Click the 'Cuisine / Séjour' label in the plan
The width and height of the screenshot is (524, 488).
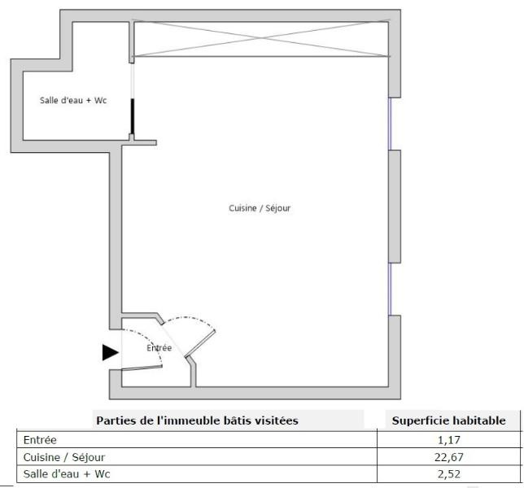(x=260, y=208)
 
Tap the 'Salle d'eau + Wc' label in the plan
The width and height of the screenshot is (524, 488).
(x=73, y=100)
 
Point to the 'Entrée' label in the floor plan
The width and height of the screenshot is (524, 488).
(x=159, y=348)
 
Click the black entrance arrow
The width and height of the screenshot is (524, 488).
(x=111, y=352)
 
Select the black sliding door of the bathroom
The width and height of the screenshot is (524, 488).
(x=133, y=116)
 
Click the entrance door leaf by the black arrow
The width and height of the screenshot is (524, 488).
(x=142, y=368)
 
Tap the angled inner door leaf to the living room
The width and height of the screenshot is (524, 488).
(x=200, y=343)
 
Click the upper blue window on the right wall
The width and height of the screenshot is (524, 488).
(x=390, y=124)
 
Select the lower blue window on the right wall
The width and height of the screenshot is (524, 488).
(x=390, y=290)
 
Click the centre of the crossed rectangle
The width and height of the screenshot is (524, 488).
(x=261, y=39)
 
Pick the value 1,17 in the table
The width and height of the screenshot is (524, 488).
(x=449, y=440)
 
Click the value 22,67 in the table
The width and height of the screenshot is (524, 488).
(x=449, y=457)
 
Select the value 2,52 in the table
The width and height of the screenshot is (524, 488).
(x=449, y=474)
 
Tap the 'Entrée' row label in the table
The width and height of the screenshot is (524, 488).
(x=40, y=440)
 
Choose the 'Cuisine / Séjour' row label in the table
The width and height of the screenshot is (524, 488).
(x=64, y=457)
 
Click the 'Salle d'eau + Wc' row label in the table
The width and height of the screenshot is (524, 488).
(x=67, y=474)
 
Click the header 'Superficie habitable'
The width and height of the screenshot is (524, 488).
(x=449, y=420)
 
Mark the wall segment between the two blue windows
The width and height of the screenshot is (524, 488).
(x=395, y=207)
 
